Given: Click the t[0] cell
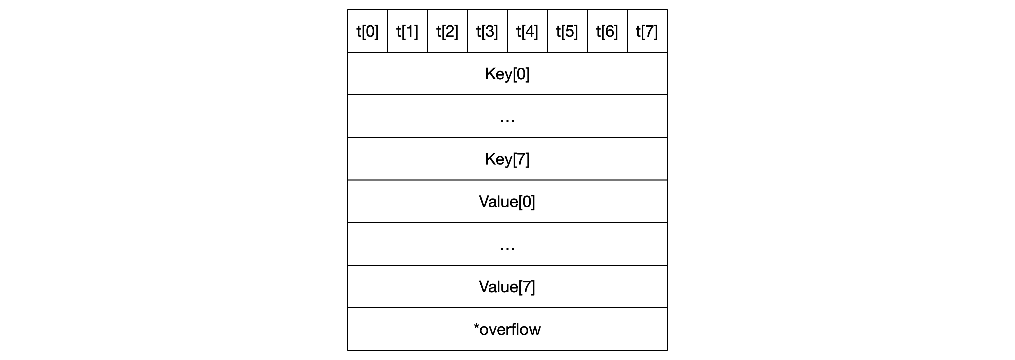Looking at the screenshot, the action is (x=368, y=31).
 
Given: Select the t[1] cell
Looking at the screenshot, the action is (x=408, y=31).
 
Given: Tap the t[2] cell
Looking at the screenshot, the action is (x=448, y=31).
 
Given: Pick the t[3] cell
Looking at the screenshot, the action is (x=487, y=31).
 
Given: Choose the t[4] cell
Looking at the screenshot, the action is (x=528, y=31).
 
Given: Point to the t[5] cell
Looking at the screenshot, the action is (x=567, y=31).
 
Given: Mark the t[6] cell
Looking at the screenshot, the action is (x=607, y=31).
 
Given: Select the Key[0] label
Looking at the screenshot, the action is (x=507, y=74).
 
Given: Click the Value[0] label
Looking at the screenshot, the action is (x=507, y=202).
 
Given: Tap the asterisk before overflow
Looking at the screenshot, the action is (x=476, y=326).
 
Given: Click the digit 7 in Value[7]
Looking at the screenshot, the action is (x=527, y=286).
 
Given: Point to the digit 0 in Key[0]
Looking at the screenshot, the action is (x=521, y=74).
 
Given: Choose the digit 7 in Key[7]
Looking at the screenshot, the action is (x=521, y=159).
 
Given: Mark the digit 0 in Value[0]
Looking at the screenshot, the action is (x=527, y=201).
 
